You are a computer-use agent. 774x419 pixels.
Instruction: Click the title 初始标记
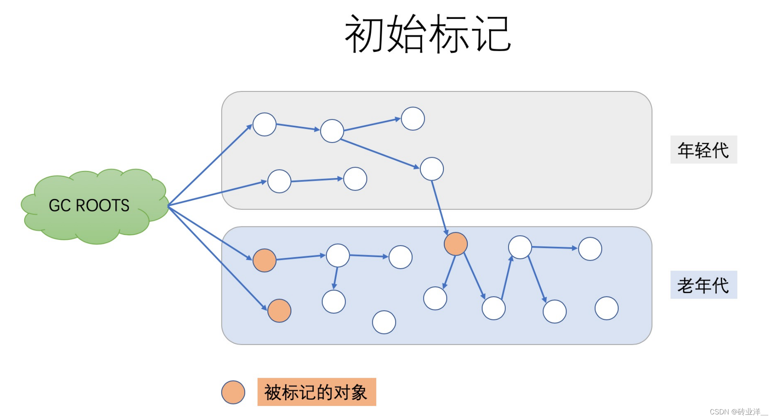pos(428,34)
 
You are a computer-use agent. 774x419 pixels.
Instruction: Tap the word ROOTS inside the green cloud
pos(103,206)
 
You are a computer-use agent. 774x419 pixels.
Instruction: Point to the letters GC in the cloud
pos(60,206)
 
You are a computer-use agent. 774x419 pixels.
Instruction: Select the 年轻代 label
pos(703,150)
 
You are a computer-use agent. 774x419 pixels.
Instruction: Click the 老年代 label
pos(703,285)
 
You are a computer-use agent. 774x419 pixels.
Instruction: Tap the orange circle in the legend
pos(233,392)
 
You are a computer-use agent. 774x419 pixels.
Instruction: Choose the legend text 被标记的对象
pos(316,392)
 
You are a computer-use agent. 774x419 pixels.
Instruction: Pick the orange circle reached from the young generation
pos(456,244)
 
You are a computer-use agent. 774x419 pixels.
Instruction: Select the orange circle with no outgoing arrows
pos(279,311)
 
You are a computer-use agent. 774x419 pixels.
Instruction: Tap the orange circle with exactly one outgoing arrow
pos(264,260)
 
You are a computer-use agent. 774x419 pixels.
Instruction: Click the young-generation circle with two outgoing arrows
pos(332,131)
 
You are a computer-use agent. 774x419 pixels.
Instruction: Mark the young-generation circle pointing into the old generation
pos(432,169)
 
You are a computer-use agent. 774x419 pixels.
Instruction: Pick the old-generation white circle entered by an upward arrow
pos(520,247)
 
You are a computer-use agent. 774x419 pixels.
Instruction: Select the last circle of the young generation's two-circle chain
pos(355,179)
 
